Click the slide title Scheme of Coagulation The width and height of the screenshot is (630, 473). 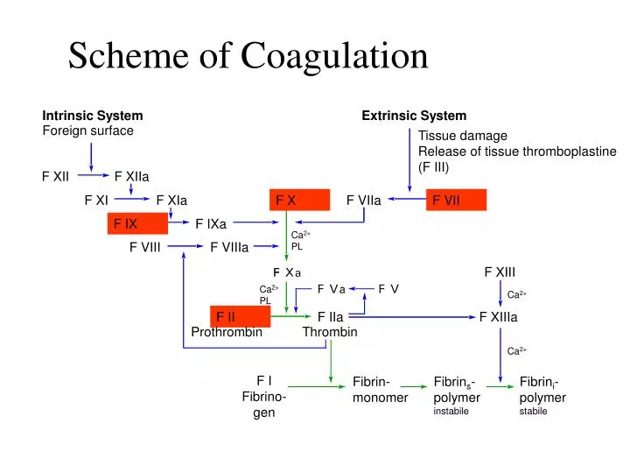[248, 56]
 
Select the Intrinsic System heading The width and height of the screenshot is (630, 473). [93, 116]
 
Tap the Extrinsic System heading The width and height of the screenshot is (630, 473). [414, 116]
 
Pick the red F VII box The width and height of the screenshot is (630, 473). [455, 201]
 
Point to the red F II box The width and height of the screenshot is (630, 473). [240, 317]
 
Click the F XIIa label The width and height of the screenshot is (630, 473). [131, 177]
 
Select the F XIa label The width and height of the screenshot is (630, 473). [171, 201]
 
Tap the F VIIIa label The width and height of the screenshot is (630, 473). [229, 247]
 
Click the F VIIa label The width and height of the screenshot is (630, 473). [363, 201]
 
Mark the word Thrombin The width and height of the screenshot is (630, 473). [330, 332]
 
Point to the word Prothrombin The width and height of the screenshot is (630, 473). [227, 332]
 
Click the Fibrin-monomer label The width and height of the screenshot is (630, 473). [380, 390]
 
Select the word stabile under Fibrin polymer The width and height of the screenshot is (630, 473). [533, 411]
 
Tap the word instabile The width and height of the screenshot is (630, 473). [451, 411]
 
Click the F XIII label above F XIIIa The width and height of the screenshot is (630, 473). [500, 272]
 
